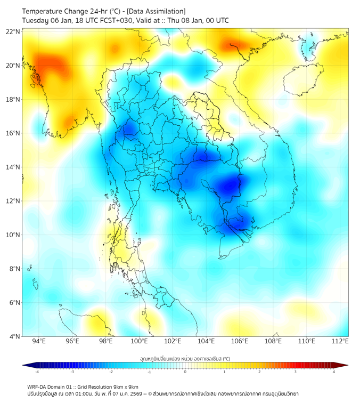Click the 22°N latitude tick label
(x=13, y=32)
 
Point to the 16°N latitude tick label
(x=13, y=133)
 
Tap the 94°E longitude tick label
(x=39, y=341)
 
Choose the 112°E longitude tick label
(x=340, y=341)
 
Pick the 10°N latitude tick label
(x=13, y=235)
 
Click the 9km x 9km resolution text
(x=123, y=386)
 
